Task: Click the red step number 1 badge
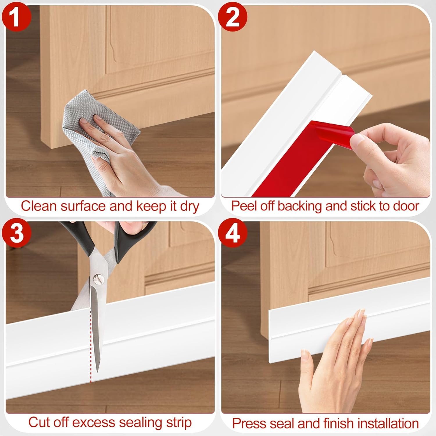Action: tap(16, 17)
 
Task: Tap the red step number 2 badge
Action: tap(233, 17)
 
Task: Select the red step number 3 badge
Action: tap(17, 233)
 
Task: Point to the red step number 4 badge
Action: tap(233, 233)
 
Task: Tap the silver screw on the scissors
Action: tap(97, 279)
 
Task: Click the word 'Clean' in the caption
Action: tap(39, 206)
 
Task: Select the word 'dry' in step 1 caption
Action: tap(190, 207)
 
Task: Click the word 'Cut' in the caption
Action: tap(39, 422)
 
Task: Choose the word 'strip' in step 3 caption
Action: tap(179, 423)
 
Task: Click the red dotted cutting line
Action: tap(91, 346)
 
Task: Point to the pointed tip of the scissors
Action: tap(98, 372)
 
